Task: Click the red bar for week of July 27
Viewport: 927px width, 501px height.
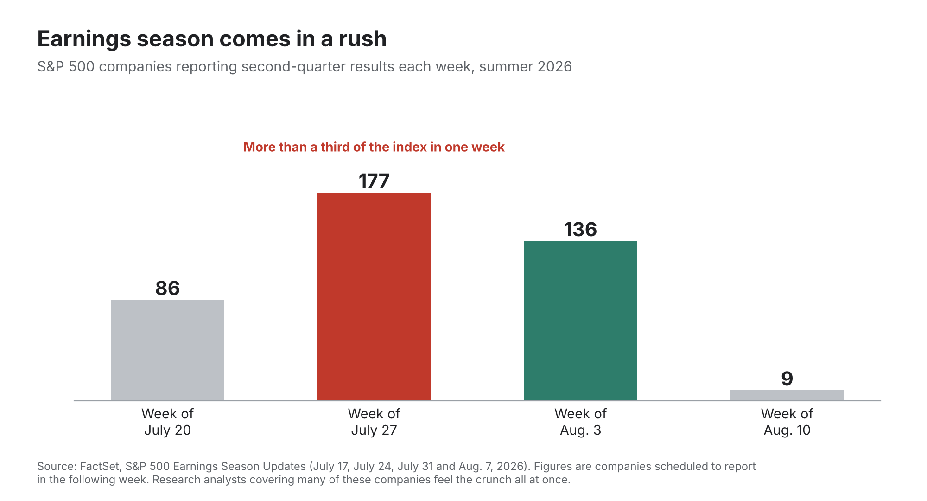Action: click(x=374, y=296)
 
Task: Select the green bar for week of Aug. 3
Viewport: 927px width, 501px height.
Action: click(x=580, y=321)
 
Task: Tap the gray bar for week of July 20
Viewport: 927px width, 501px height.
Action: click(x=167, y=350)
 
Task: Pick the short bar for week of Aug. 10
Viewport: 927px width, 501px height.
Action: click(x=787, y=395)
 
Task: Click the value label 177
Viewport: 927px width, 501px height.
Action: click(x=374, y=181)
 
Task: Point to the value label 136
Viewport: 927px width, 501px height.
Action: click(x=580, y=230)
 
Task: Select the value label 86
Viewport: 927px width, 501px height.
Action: click(x=167, y=288)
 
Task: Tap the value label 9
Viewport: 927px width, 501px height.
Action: click(x=787, y=379)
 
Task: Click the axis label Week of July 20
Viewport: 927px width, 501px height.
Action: click(x=167, y=422)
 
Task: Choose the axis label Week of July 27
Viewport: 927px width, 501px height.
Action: click(x=374, y=422)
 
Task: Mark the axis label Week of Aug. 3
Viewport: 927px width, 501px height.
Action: click(x=580, y=422)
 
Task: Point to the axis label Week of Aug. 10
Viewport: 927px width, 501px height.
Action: click(x=787, y=422)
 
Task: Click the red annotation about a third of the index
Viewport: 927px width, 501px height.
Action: click(x=374, y=147)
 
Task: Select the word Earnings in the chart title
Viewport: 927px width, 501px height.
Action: click(x=84, y=39)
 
